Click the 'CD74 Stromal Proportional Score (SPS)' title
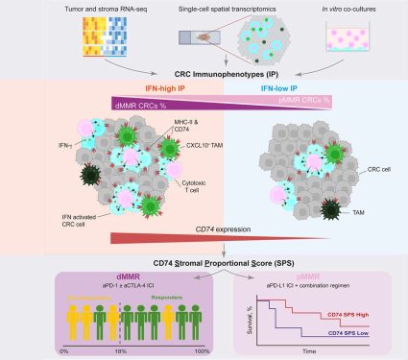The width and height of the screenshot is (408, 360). point(204,261)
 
